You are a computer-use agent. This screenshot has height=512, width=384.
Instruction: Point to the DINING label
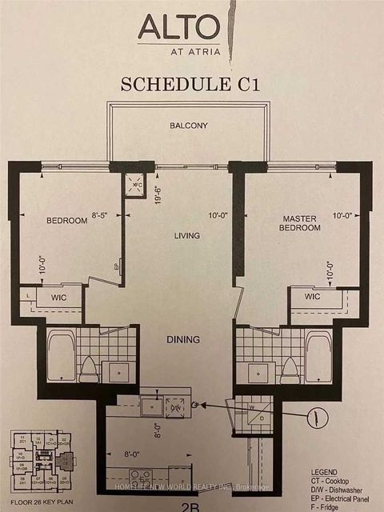tap(183, 339)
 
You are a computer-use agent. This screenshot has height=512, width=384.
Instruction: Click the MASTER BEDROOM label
tap(301, 222)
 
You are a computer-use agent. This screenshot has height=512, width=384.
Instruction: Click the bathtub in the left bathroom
tap(61, 356)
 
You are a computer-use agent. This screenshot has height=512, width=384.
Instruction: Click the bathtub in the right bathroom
tap(318, 356)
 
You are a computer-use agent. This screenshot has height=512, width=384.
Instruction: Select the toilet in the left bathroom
tap(88, 367)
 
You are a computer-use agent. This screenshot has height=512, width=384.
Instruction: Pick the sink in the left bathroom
tap(118, 370)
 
